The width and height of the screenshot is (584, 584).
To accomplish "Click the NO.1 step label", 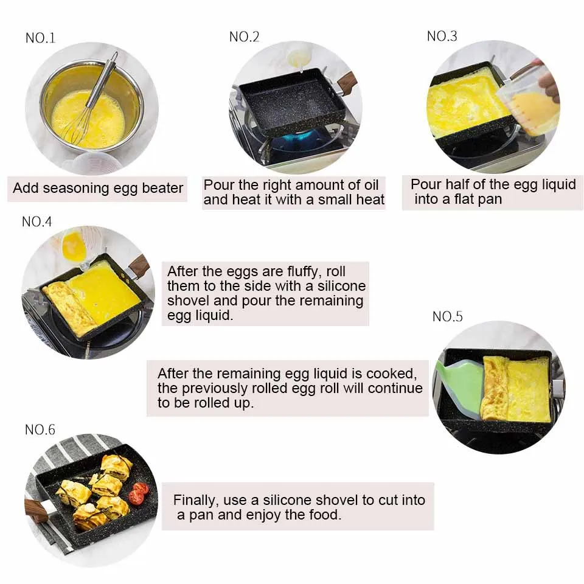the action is tap(40, 38).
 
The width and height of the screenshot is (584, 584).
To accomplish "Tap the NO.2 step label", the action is tap(245, 36).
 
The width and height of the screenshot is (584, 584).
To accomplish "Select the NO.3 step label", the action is tap(442, 36).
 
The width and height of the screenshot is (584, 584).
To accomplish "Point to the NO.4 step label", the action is tap(37, 221).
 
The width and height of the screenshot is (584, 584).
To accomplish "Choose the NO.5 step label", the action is tap(448, 316).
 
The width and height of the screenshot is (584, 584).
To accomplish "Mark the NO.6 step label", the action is tap(40, 430).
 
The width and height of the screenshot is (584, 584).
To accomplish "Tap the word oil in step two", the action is tap(371, 185).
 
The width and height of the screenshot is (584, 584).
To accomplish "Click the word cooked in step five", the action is tap(392, 374).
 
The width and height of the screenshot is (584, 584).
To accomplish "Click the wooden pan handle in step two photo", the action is tap(347, 82).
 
